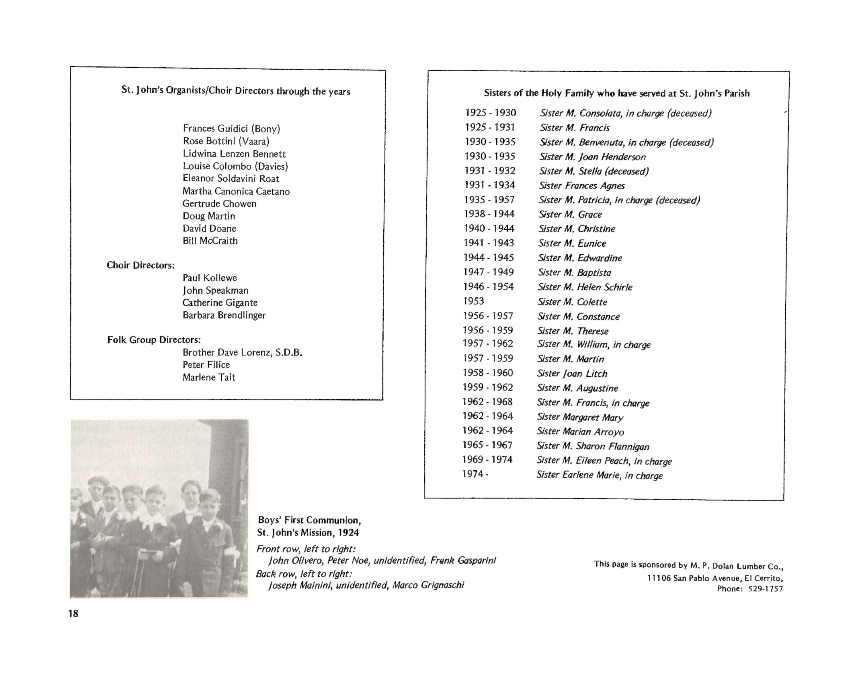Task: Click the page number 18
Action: click(x=73, y=613)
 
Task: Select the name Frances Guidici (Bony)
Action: click(x=231, y=129)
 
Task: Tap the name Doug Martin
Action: click(x=209, y=216)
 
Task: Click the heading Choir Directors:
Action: click(x=140, y=265)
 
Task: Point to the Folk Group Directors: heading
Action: click(x=154, y=339)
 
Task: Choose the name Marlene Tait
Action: click(x=209, y=377)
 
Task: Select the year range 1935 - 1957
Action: click(x=489, y=199)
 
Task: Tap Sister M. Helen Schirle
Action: click(x=585, y=287)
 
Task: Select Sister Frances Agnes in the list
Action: click(x=582, y=185)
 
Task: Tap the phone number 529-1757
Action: click(x=765, y=589)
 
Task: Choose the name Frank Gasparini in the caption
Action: click(x=463, y=560)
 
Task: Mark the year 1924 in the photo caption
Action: click(x=348, y=533)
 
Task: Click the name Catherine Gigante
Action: click(x=220, y=303)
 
